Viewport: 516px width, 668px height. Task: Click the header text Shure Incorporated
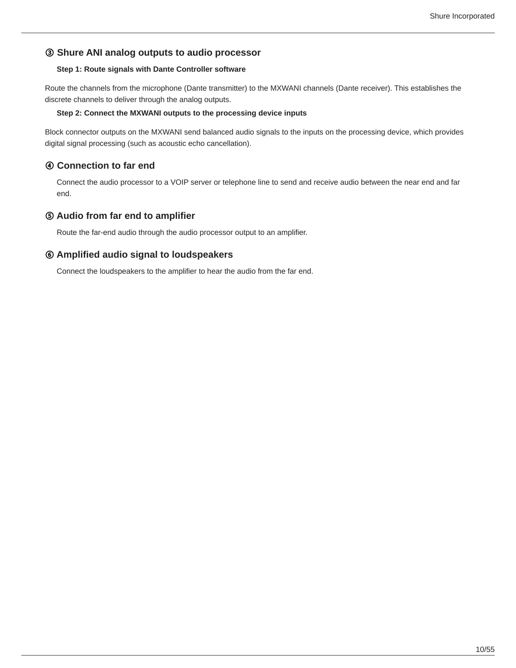pyautogui.click(x=462, y=16)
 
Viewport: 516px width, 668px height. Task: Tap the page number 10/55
pyautogui.click(x=485, y=649)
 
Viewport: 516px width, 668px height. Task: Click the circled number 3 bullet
pyautogui.click(x=49, y=53)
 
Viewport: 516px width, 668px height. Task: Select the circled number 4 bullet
pyautogui.click(x=49, y=166)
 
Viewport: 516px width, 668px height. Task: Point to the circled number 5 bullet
pyautogui.click(x=49, y=216)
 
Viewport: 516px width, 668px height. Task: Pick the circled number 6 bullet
pyautogui.click(x=49, y=255)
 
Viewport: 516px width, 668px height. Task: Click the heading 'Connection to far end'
pyautogui.click(x=106, y=165)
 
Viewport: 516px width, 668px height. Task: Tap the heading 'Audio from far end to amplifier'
pyautogui.click(x=126, y=216)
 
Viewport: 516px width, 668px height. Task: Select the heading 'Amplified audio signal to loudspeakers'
pyautogui.click(x=145, y=255)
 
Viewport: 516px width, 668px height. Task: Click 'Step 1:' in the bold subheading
pyautogui.click(x=69, y=69)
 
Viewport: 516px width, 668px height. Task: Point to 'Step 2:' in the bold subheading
pyautogui.click(x=69, y=113)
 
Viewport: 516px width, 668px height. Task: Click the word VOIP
pyautogui.click(x=179, y=182)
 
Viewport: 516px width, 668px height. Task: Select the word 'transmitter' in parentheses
pyautogui.click(x=227, y=88)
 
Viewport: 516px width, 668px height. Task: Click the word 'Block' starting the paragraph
pyautogui.click(x=54, y=132)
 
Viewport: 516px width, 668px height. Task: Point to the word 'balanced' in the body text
pyautogui.click(x=218, y=132)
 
